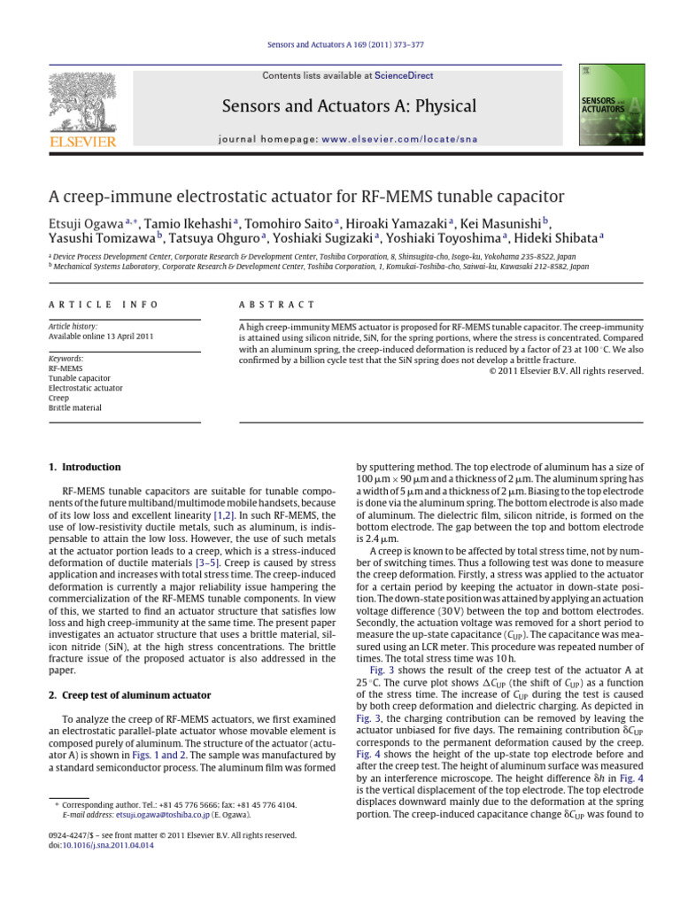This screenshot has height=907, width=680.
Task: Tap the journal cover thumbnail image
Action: (x=611, y=104)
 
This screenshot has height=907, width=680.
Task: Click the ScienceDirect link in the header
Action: (x=405, y=77)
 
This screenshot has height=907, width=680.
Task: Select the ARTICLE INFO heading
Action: (x=104, y=305)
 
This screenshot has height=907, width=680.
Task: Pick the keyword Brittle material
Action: (x=75, y=408)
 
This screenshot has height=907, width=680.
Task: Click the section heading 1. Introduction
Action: (x=84, y=467)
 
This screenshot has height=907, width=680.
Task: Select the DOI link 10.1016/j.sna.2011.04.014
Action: (x=101, y=846)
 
